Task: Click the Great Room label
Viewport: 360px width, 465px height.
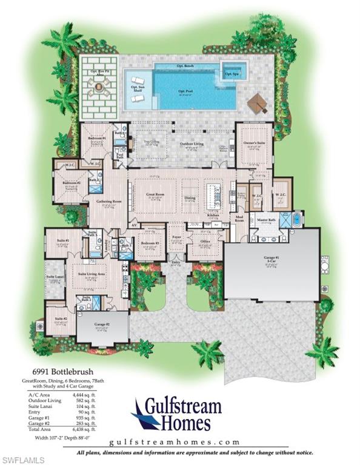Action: coord(155,196)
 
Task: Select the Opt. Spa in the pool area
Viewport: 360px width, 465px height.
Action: coord(232,73)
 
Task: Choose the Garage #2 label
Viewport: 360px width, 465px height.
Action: coord(101,325)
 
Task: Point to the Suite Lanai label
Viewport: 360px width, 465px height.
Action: coord(55,277)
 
